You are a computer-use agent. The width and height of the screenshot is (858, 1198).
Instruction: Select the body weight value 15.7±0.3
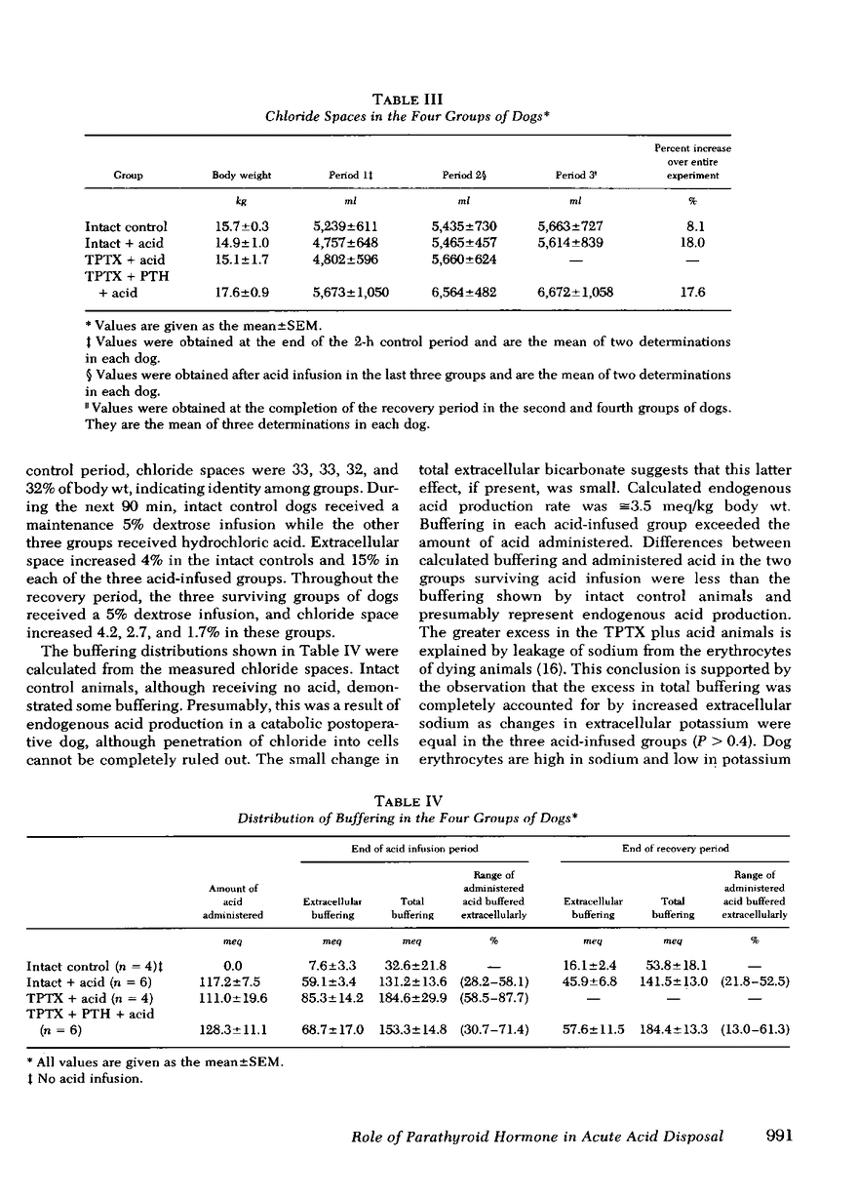tap(241, 227)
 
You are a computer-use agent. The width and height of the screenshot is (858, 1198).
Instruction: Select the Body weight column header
tap(241, 176)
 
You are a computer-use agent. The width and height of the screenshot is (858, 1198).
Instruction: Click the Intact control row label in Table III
tap(126, 227)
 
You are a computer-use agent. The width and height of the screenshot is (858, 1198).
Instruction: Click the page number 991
tap(772, 1136)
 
